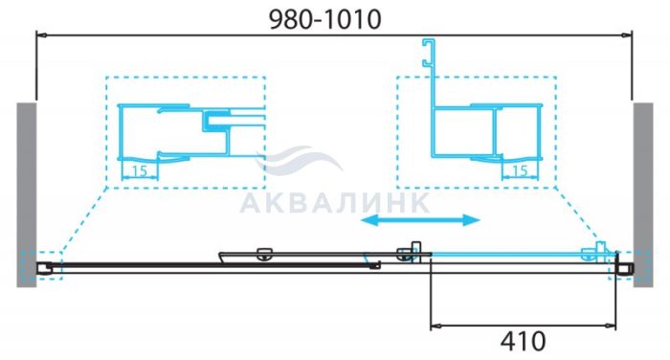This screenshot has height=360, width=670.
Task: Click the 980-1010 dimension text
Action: pos(325,19)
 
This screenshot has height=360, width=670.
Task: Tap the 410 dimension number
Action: pos(523,341)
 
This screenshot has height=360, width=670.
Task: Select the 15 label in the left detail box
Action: pos(140,171)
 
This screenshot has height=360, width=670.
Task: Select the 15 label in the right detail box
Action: pos(520,171)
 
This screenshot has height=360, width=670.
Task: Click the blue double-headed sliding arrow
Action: pos(420,220)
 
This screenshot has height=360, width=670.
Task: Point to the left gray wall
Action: pos(27,194)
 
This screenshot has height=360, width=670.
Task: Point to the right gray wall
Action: pos(643,194)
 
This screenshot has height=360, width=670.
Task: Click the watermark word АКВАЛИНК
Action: pos(335,203)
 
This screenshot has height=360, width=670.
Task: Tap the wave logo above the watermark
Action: pos(299,160)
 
